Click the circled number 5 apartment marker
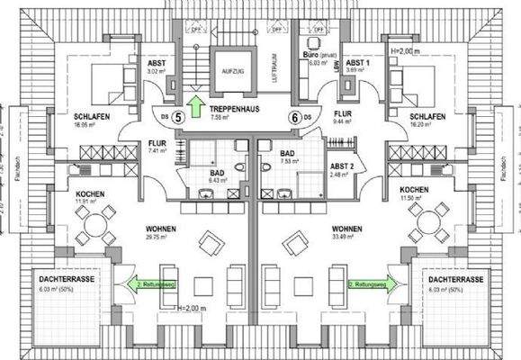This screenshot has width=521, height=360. coord(178,116)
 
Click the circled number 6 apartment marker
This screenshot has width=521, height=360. coord(293,116)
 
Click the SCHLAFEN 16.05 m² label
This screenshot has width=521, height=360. coord(91,121)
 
